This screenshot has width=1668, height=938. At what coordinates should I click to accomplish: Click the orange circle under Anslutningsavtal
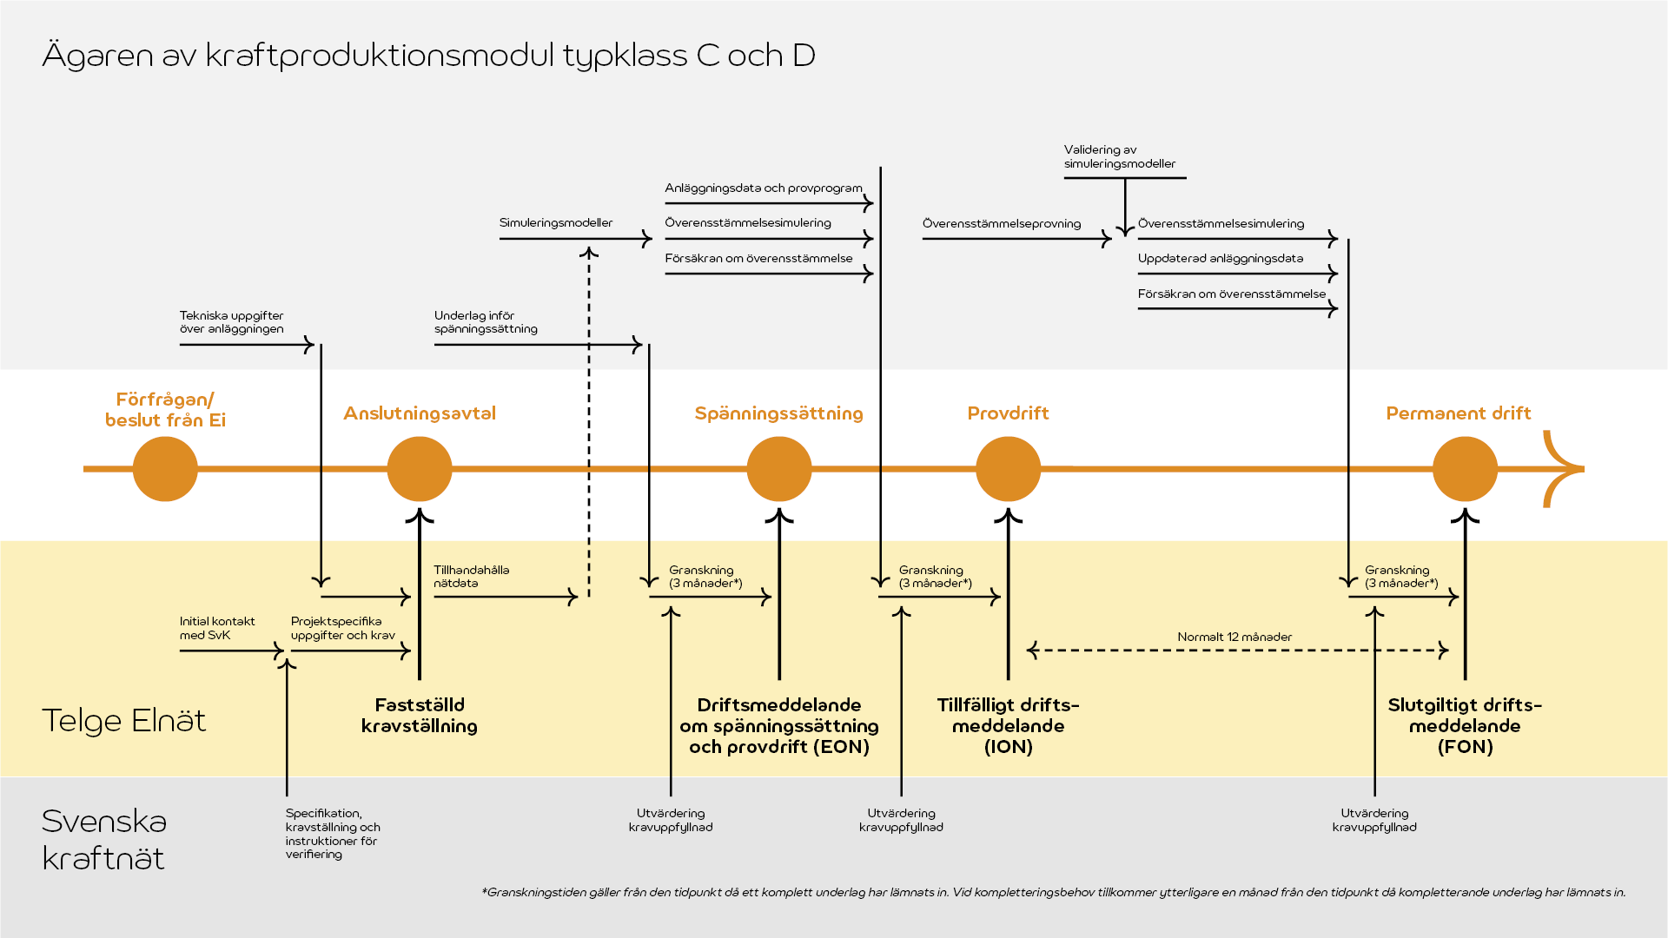pyautogui.click(x=420, y=469)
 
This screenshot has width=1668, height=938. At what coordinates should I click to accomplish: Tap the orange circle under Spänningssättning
pyautogui.click(x=779, y=469)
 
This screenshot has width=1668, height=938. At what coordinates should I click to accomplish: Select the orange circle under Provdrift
pyautogui.click(x=1008, y=469)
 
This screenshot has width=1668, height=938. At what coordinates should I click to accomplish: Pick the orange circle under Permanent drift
pyautogui.click(x=1465, y=469)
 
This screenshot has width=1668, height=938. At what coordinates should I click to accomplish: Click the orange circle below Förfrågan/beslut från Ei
pyautogui.click(x=165, y=469)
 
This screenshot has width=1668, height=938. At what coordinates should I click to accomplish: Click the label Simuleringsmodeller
pyautogui.click(x=556, y=223)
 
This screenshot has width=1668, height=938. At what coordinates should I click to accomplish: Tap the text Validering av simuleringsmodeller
pyautogui.click(x=1119, y=157)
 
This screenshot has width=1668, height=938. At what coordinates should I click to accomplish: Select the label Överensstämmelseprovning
pyautogui.click(x=1002, y=224)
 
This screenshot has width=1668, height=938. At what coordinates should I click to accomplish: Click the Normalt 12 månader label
pyautogui.click(x=1234, y=637)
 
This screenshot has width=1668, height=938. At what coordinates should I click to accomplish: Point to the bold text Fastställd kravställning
pyautogui.click(x=420, y=716)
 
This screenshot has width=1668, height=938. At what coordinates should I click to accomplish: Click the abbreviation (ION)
pyautogui.click(x=1008, y=747)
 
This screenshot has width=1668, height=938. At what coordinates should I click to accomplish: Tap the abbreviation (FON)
pyautogui.click(x=1465, y=747)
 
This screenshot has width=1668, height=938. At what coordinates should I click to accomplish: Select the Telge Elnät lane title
pyautogui.click(x=124, y=721)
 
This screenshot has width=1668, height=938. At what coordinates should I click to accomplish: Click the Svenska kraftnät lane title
pyautogui.click(x=104, y=840)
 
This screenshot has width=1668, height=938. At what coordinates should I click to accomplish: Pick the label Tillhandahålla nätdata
pyautogui.click(x=471, y=577)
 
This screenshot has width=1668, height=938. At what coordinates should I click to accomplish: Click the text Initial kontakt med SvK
pyautogui.click(x=217, y=628)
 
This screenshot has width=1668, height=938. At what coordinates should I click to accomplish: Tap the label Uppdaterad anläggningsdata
pyautogui.click(x=1221, y=259)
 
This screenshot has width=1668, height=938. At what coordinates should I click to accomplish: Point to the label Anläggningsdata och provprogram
pyautogui.click(x=764, y=188)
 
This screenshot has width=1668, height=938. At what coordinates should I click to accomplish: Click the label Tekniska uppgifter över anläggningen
pyautogui.click(x=231, y=322)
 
